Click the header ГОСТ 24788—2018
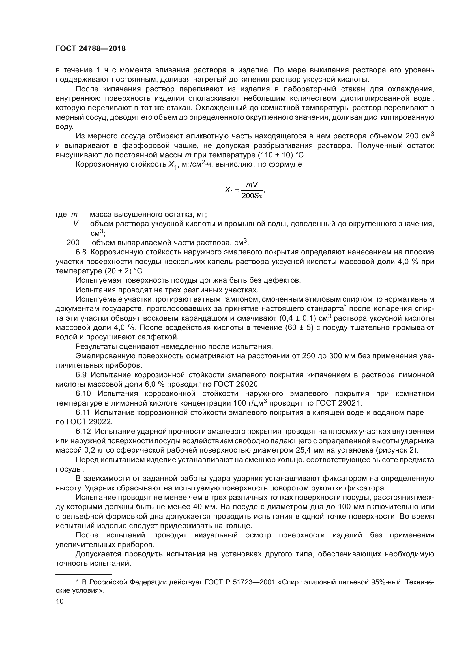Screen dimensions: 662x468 coord(91,49)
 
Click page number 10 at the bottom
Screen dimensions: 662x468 coord(60,601)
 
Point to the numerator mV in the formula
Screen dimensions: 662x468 coord(252,185)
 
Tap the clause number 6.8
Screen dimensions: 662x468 coord(81,252)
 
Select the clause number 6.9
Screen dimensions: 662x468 coord(81,375)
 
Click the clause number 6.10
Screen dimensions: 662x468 coord(83,394)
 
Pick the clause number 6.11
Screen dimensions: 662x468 coord(83,413)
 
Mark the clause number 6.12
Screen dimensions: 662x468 coord(83,431)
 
